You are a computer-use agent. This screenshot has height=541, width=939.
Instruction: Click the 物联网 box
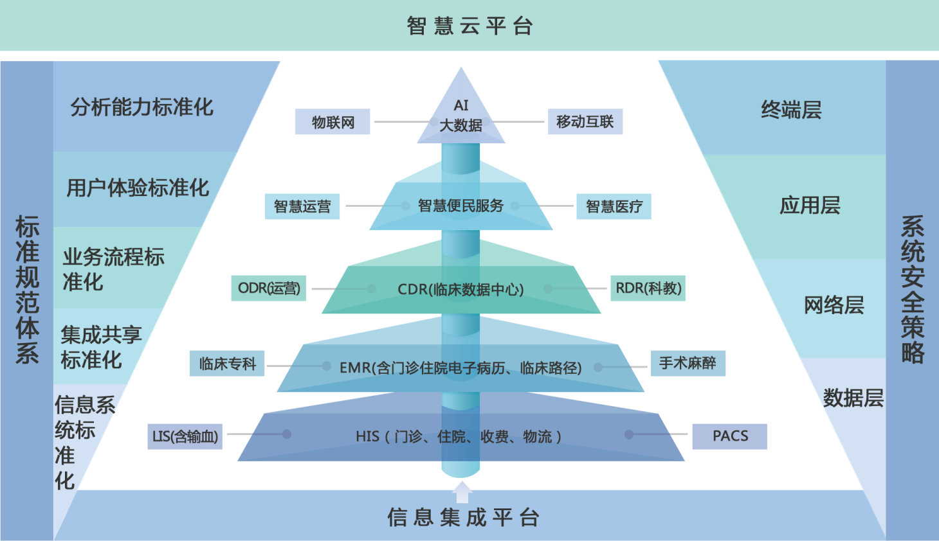coord(333,121)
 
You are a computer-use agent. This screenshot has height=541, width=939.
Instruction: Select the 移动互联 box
coord(585,121)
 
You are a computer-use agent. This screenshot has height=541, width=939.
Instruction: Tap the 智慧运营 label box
coord(302,206)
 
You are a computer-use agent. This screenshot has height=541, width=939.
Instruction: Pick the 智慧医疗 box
coord(614,206)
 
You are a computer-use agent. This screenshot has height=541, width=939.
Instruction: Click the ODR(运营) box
coord(269,288)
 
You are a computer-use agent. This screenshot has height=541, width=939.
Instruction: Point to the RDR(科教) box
coord(648,288)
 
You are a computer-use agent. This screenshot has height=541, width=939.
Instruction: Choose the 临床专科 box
coord(227,364)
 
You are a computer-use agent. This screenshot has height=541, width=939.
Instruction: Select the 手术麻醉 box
coord(688,363)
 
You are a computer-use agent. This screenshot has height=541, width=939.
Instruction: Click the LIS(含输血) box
coord(185,436)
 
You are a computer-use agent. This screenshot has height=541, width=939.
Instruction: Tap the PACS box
coord(730,436)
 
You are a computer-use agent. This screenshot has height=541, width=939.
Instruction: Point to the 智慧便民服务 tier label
coord(460,206)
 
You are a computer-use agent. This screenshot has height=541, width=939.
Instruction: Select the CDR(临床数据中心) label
coord(460,289)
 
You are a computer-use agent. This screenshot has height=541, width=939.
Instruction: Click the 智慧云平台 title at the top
coord(469,26)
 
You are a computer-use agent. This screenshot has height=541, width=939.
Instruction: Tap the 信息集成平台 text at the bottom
coord(463,517)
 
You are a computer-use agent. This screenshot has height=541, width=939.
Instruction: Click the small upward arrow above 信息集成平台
coord(462,492)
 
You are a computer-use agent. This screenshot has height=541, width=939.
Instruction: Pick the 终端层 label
coord(791,110)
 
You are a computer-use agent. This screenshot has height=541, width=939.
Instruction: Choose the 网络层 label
coord(834,305)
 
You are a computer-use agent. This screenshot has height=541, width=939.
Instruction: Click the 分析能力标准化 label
coord(141,107)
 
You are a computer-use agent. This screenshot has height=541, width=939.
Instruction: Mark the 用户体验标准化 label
coord(138,188)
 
